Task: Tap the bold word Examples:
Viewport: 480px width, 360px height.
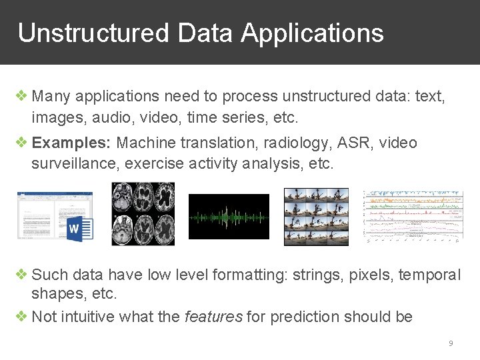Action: (x=72, y=143)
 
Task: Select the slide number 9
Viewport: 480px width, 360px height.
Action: (x=451, y=343)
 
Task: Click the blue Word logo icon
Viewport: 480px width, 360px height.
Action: (x=79, y=229)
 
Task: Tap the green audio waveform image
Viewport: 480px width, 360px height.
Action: (x=229, y=217)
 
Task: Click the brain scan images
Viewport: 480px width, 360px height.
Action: (x=143, y=214)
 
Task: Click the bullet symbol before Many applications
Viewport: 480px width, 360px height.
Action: (x=22, y=96)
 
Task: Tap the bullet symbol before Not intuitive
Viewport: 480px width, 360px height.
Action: (x=22, y=317)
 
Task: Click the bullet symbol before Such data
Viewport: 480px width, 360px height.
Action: (x=22, y=275)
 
